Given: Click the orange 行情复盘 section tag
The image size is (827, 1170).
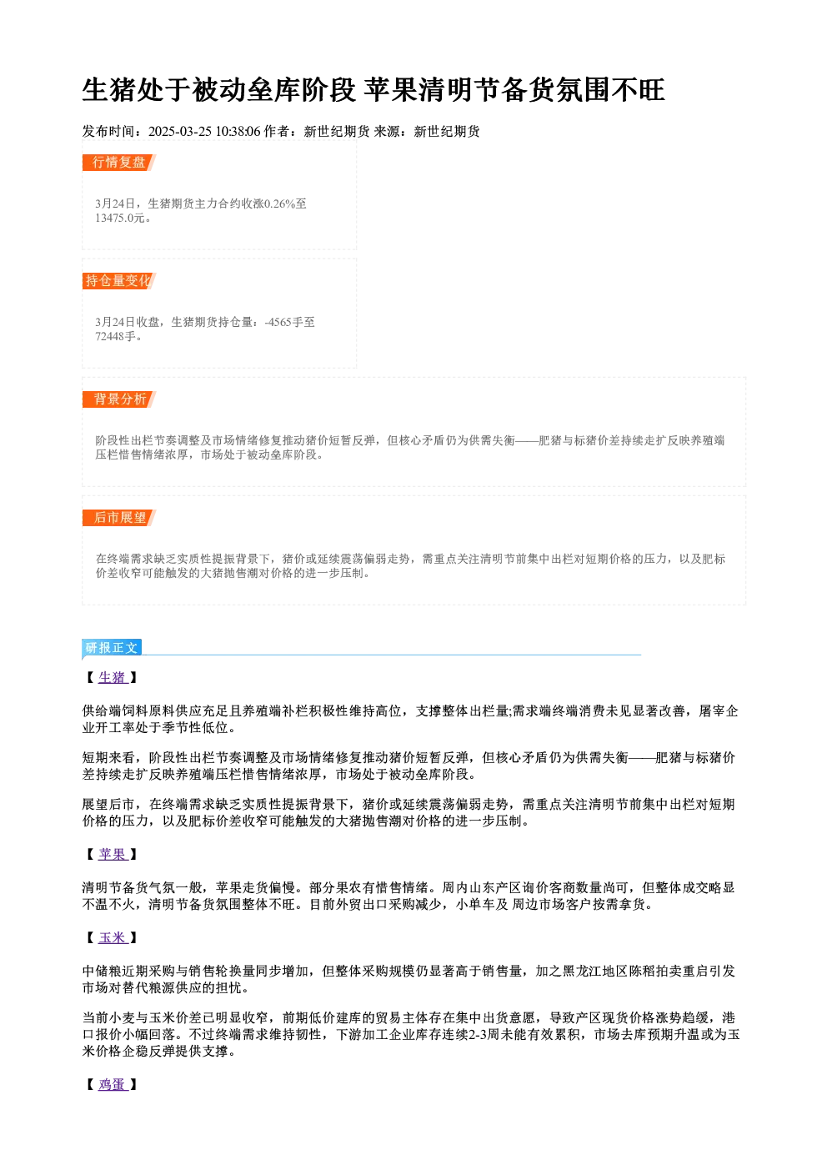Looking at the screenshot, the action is [119, 163].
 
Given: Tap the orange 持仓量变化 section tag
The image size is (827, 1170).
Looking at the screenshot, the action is [119, 281].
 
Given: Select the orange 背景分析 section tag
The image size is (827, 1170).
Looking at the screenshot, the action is [119, 399].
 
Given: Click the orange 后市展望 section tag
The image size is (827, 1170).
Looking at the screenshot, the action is [119, 518].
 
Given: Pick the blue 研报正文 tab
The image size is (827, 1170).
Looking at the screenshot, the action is [112, 648].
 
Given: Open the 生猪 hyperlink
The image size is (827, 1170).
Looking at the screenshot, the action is [113, 678].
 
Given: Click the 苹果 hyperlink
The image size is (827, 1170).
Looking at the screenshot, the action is [113, 855].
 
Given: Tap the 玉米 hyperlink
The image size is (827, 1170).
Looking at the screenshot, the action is [113, 937].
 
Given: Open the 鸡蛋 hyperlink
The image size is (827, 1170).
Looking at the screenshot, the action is [113, 1085].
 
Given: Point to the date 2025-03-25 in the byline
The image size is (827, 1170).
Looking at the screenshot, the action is [179, 132].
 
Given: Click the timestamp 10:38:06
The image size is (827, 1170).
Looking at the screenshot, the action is [238, 132].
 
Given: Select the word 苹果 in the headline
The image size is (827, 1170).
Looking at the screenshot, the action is [391, 90].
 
